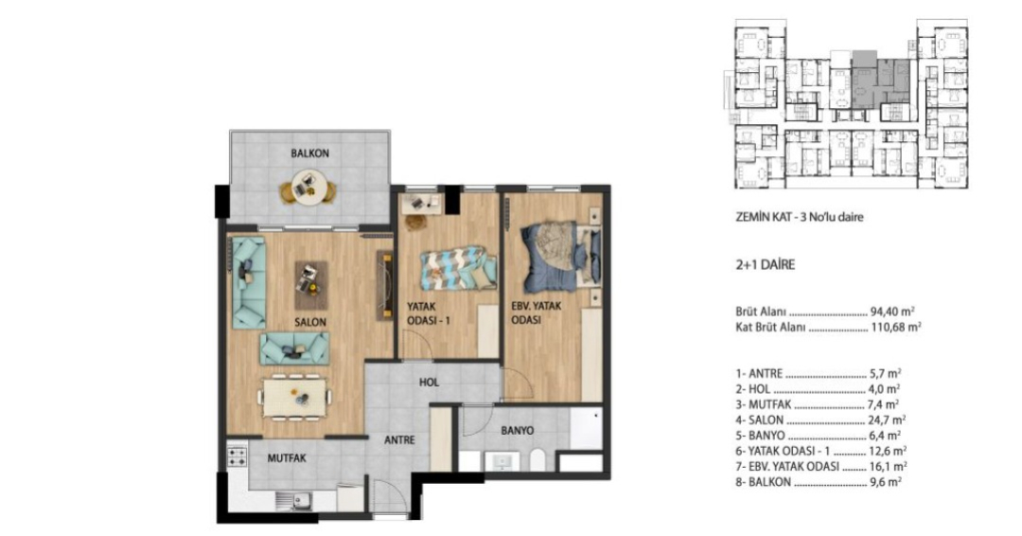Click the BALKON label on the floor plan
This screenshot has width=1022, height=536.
[309, 154]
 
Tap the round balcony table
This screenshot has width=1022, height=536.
[308, 187]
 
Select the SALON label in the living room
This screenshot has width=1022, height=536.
[310, 322]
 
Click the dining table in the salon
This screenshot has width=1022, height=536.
[294, 398]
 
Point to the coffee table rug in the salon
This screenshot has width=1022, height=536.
[311, 285]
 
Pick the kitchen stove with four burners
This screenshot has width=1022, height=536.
[238, 456]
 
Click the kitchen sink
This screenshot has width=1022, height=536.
[292, 501]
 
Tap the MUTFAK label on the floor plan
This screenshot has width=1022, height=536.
[287, 458]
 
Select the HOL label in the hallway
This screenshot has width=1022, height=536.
[429, 382]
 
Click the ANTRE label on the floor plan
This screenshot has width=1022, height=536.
[399, 440]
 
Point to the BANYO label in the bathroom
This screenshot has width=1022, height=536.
[518, 430]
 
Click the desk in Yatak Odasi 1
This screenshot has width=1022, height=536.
[421, 205]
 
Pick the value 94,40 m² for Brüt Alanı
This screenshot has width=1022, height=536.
[894, 312]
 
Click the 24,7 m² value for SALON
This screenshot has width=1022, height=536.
[887, 420]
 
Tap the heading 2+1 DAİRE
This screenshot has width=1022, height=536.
[766, 265]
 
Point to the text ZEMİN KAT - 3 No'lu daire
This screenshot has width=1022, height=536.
[799, 217]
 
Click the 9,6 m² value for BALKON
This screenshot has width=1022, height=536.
[885, 482]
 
